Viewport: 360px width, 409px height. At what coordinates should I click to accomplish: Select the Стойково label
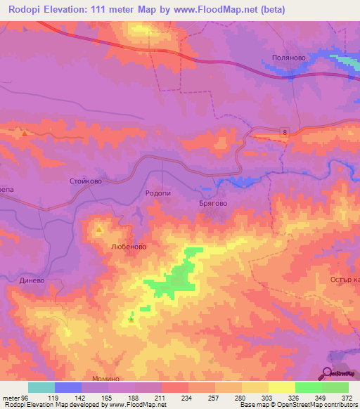click(x=87, y=181)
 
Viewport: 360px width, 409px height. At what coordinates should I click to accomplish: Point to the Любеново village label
click(x=128, y=247)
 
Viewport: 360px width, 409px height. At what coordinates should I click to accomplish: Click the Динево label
click(x=32, y=280)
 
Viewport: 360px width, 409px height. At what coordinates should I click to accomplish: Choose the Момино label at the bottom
click(x=105, y=378)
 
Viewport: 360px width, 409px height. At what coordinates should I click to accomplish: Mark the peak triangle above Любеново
click(x=99, y=230)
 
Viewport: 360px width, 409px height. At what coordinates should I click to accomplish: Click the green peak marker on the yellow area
click(x=131, y=321)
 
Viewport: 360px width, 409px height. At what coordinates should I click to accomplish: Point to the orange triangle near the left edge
click(x=25, y=133)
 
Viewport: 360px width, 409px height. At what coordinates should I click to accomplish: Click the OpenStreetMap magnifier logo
click(x=327, y=373)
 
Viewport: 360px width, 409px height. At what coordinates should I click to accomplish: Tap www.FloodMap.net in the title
click(x=217, y=10)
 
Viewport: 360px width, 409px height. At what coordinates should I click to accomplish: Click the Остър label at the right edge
click(x=344, y=280)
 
